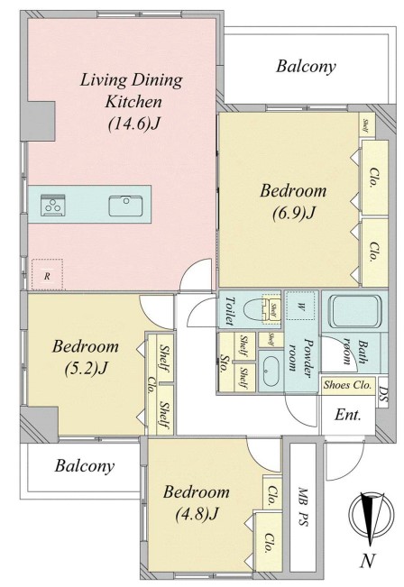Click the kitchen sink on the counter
point(126,206)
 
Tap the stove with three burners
point(53,206)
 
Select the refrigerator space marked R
point(47,274)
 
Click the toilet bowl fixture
point(257,311)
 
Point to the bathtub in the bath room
point(354,311)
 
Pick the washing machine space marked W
point(300,306)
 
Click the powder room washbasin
point(270,370)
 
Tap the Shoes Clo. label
point(348,385)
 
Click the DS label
point(383,396)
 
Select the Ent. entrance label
point(348,415)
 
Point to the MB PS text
point(303,507)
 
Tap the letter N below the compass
point(368,561)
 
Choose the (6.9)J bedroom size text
point(293,214)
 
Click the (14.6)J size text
point(133,124)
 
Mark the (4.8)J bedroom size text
point(197,514)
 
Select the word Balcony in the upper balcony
point(306,67)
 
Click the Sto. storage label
point(225,363)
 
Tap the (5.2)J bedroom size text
point(86,369)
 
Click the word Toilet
point(229,311)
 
